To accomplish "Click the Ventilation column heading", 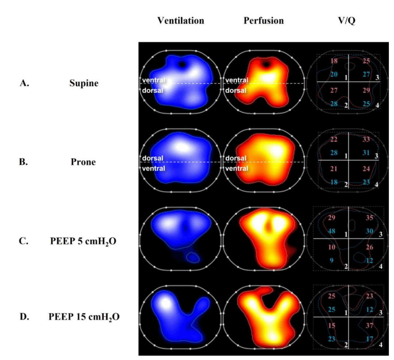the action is click(181, 20).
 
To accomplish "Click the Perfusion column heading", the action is click(264, 20).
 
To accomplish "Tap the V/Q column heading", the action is click(347, 20).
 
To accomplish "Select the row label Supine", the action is click(84, 83).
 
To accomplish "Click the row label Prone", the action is click(83, 162).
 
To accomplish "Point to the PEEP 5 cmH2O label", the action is click(83, 241).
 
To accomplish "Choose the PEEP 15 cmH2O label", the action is click(84, 317).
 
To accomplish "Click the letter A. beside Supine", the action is click(24, 83).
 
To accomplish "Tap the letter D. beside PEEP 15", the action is click(24, 317).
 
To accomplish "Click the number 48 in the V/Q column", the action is click(332, 231).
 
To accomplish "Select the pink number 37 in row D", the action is click(369, 326).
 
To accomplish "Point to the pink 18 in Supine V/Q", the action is click(334, 61).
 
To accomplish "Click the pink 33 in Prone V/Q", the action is click(366, 139).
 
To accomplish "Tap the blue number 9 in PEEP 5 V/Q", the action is click(332, 260).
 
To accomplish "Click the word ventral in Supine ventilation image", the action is click(154, 80).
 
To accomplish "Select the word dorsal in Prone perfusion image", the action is click(235, 158).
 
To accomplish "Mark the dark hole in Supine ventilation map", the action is click(182, 64).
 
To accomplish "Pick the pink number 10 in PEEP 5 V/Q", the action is click(332, 248).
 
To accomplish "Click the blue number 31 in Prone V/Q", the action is click(366, 153).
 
